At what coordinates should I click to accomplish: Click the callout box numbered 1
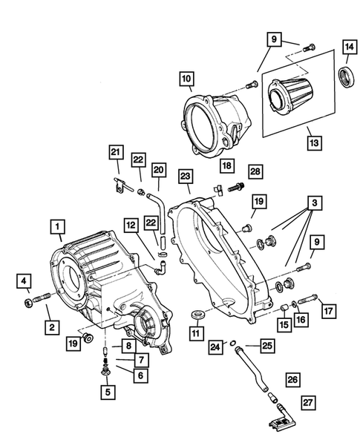[57, 223]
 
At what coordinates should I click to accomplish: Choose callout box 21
[115, 153]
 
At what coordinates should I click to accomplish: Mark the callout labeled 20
[157, 170]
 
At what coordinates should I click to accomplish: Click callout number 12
[130, 223]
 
